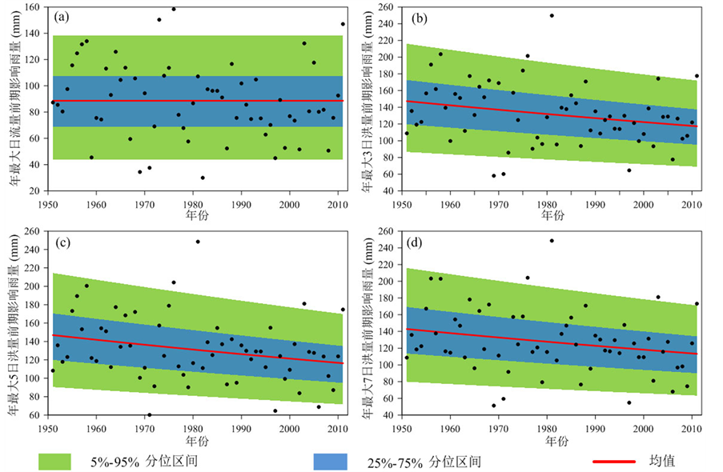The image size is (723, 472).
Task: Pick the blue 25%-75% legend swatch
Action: point(326,461)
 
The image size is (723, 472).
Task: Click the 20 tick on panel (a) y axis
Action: point(38,191)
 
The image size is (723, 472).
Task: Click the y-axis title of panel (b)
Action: point(371,99)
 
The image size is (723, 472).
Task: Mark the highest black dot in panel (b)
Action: point(552,15)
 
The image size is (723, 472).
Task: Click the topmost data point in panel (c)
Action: point(198,242)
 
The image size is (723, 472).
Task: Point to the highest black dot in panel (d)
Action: point(552,241)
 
